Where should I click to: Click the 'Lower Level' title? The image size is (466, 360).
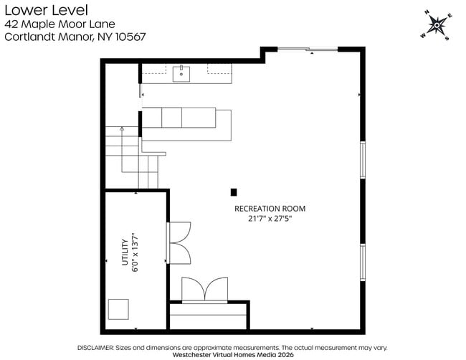point(46,10)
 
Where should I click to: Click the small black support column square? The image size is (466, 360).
point(234,192)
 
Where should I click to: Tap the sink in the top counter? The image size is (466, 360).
point(181,73)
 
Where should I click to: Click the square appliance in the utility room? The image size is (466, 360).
point(118,309)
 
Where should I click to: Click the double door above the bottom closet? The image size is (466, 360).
point(204,290)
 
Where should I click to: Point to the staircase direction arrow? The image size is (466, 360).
point(122,130)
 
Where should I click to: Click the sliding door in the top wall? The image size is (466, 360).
point(307,49)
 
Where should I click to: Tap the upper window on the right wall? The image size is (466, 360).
point(363,159)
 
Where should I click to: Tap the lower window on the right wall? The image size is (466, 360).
point(363,262)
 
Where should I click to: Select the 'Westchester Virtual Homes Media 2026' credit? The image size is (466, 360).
point(233,354)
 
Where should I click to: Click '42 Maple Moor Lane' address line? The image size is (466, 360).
point(60,24)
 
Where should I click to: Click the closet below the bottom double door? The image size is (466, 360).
point(208,316)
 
